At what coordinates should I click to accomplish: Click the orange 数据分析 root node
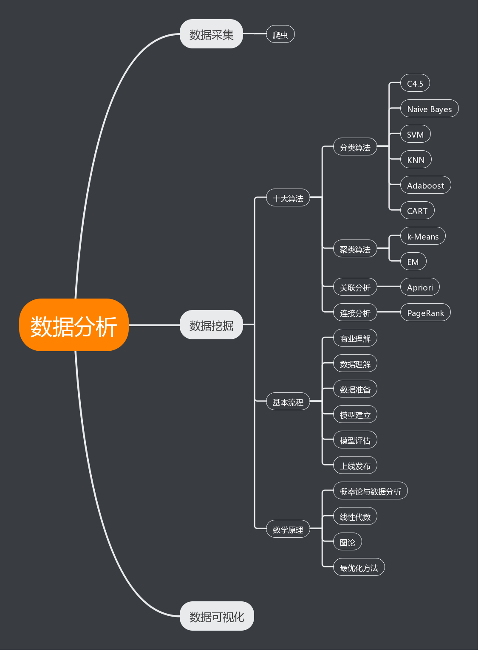point(74,325)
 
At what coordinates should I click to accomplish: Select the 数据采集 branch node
point(211,34)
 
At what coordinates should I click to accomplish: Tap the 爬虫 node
point(280,34)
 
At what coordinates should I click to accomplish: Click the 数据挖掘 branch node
point(211,325)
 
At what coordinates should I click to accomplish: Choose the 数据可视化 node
point(217,616)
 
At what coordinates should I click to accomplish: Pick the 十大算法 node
point(288,198)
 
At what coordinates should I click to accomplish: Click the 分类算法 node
point(355,147)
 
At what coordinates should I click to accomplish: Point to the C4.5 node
point(415,83)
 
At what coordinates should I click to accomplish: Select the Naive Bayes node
point(429,109)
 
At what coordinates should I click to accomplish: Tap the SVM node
point(415,134)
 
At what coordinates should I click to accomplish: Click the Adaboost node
point(425,185)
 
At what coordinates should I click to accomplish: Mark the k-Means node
point(423,236)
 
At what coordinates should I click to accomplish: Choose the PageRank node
point(425,313)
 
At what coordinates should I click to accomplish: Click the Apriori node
point(420,287)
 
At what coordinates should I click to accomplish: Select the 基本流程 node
point(288,402)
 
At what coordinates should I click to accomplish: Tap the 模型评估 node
point(355,440)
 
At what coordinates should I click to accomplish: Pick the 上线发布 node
point(355,465)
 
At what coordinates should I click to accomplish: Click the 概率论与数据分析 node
point(370,491)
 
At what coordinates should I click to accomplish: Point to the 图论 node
point(347,542)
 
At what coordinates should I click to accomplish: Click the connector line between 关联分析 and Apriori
point(389,286)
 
